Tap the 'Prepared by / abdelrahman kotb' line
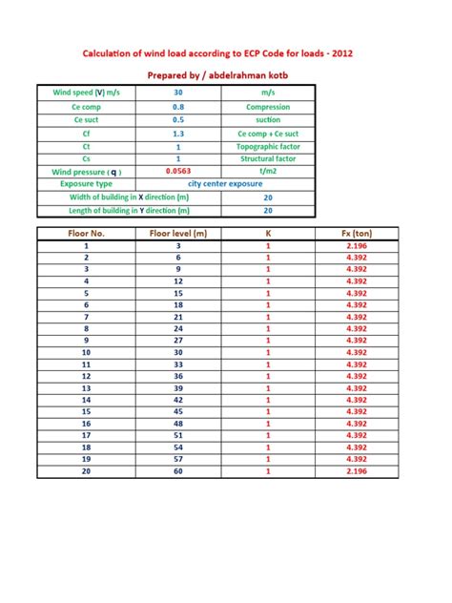[x=225, y=73]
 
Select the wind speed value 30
[x=178, y=93]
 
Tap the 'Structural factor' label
[x=268, y=159]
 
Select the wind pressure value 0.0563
[x=178, y=171]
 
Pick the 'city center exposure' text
[x=225, y=183]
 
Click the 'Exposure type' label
[x=86, y=183]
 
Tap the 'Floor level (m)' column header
[x=178, y=233]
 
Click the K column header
[x=268, y=233]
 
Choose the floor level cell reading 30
[x=178, y=352]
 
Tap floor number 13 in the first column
[x=86, y=388]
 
